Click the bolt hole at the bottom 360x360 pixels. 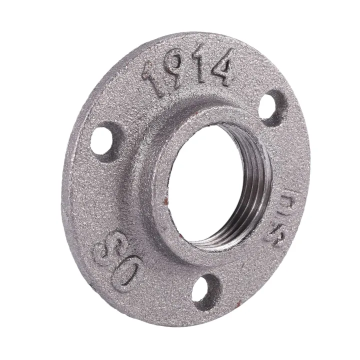pos(206,290)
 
